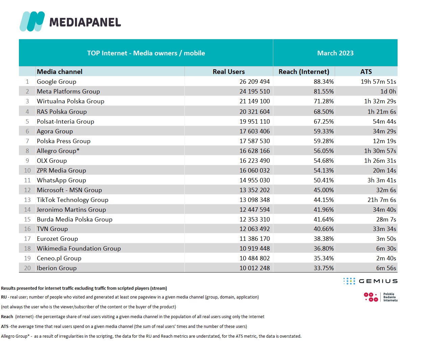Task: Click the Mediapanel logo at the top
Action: point(70,22)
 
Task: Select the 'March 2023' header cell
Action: point(335,53)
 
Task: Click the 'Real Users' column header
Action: point(229,72)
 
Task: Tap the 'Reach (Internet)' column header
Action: point(304,72)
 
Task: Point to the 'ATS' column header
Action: point(366,72)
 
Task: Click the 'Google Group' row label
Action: point(56,82)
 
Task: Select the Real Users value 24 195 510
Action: point(254,92)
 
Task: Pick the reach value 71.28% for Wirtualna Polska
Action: point(324,101)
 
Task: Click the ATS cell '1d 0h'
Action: point(388,92)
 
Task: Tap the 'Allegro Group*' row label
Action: point(58,151)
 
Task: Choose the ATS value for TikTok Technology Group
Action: point(382,200)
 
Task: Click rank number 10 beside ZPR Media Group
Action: point(27,171)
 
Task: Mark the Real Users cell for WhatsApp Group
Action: point(254,180)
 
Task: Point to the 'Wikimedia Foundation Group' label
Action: point(79,249)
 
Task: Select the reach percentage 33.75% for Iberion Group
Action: point(324,268)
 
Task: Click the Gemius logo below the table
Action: point(370,281)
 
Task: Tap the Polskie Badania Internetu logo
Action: point(380,297)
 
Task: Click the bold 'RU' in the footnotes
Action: point(4,297)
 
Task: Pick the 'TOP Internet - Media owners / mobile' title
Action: point(146,53)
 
